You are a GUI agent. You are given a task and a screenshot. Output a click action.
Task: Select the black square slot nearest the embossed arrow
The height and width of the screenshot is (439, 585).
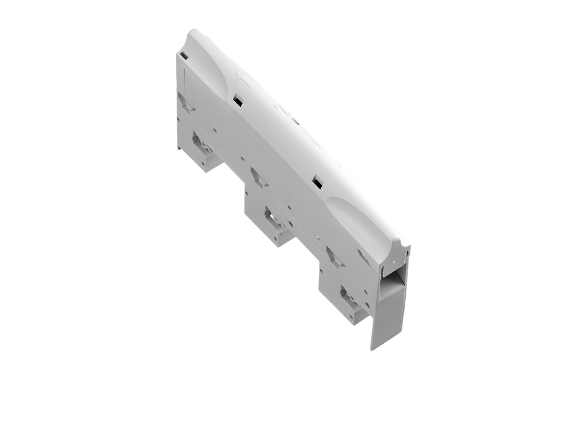tap(238, 101)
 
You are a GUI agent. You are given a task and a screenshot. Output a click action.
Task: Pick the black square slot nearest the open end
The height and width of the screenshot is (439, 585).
tap(318, 183)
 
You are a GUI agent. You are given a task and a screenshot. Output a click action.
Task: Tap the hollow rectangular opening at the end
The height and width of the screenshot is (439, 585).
tap(391, 280)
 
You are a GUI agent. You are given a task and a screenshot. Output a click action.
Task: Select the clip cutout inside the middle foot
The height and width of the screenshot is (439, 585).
tap(274, 219)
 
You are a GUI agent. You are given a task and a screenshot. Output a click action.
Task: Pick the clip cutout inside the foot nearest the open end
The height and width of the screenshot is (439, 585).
tap(349, 299)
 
